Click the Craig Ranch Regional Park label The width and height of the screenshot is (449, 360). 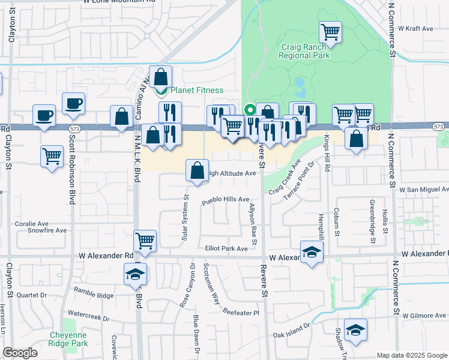tap(305, 51)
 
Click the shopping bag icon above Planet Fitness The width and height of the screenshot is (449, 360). tap(161, 77)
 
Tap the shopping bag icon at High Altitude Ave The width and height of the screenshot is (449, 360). tap(197, 171)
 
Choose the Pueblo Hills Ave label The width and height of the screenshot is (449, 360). tap(225, 199)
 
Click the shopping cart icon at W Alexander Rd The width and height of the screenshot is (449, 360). tap(145, 241)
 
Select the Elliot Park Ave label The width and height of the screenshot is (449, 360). tap(226, 248)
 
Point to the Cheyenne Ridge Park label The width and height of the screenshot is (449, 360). tap(68, 339)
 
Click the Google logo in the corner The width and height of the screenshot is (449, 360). tap(20, 353)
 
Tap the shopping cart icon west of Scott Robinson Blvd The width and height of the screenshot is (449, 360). tap(52, 157)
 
